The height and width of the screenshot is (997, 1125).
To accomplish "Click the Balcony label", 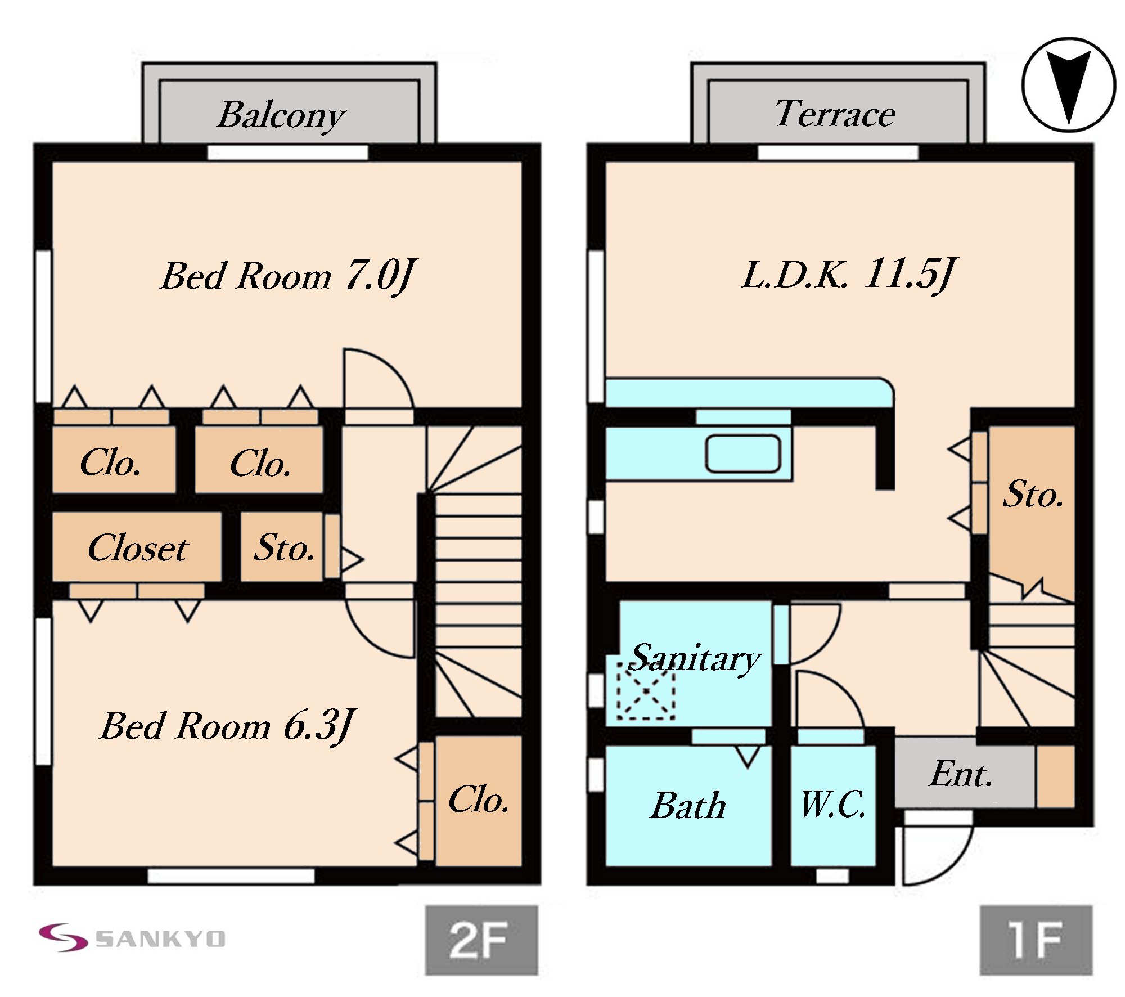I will [281, 115].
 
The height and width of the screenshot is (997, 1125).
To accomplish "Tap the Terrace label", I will [835, 114].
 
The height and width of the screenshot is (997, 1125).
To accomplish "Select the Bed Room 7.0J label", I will [288, 276].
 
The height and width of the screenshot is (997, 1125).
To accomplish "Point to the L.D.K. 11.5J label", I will [848, 275].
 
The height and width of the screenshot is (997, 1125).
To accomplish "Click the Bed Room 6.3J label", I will [228, 726].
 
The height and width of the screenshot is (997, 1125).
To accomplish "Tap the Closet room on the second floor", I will [137, 547].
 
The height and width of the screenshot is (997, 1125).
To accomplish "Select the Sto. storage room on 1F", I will [1033, 495].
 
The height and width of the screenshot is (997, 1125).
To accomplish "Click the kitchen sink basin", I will [743, 453].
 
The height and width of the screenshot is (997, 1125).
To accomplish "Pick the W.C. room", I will [833, 805].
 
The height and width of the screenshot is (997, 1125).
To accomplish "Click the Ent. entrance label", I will [961, 774].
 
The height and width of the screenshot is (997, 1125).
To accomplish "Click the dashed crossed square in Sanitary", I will [646, 691].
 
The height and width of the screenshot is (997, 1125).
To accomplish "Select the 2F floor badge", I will [481, 940].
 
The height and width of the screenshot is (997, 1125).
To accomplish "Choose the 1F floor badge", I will [1036, 940].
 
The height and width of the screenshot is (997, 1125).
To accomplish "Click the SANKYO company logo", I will [133, 938].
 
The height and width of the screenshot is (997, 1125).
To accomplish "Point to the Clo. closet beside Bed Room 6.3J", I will [479, 800].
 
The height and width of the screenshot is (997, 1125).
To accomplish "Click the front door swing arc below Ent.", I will [937, 855].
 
